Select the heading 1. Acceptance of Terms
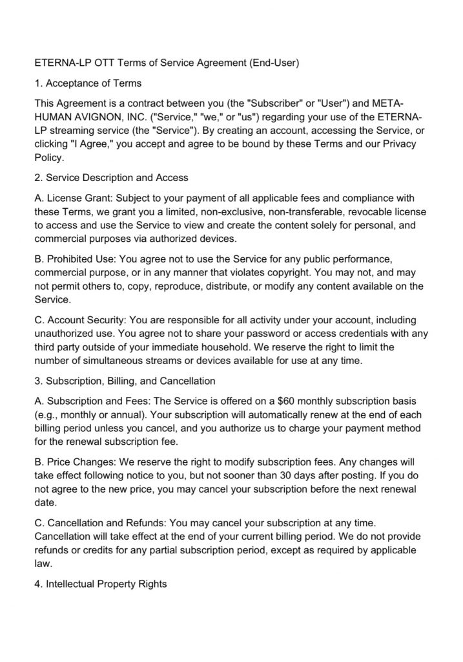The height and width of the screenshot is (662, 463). click(x=88, y=83)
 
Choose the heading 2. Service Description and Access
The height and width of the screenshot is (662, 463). click(x=111, y=178)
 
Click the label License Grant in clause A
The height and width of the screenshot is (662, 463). click(x=77, y=198)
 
